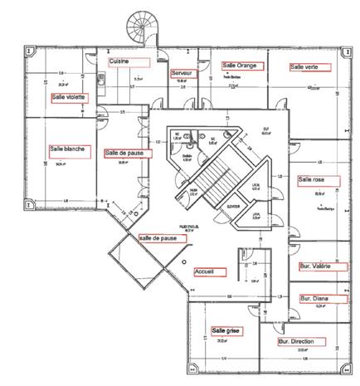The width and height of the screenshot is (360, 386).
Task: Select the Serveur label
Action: (182, 74)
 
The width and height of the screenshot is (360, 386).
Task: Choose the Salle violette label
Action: (68, 97)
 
